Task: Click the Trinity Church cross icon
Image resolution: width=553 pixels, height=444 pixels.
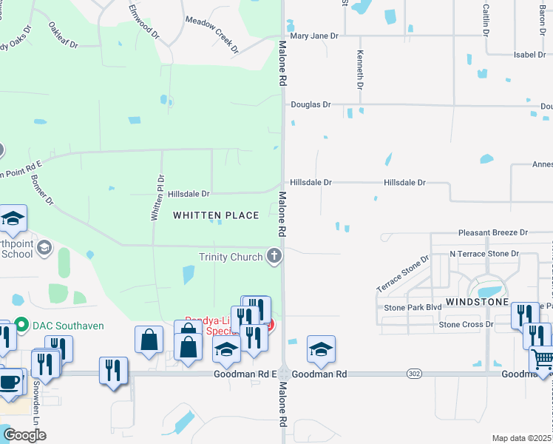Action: click(274, 257)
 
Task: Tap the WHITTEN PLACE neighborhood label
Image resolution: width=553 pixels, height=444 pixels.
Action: click(216, 215)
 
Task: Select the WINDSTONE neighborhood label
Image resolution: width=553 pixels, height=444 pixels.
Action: click(477, 303)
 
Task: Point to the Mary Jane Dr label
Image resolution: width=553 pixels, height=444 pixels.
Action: click(313, 36)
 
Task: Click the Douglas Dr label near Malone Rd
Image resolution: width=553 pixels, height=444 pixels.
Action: click(311, 105)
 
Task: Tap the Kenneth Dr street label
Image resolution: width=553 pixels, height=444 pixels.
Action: click(360, 70)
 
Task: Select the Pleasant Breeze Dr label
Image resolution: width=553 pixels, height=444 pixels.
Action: click(492, 232)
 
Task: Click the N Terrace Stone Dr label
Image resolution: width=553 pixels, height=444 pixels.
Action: click(484, 254)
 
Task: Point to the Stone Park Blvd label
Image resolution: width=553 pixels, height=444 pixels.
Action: click(413, 307)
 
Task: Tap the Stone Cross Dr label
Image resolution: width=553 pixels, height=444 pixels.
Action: click(466, 324)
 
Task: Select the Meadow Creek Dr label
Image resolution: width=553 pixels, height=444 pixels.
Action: click(212, 35)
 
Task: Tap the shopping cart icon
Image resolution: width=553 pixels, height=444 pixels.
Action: click(542, 360)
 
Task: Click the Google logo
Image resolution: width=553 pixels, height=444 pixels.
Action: click(24, 435)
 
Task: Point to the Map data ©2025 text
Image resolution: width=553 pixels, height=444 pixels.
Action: click(522, 438)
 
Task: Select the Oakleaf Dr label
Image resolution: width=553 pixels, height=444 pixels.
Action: click(63, 35)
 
